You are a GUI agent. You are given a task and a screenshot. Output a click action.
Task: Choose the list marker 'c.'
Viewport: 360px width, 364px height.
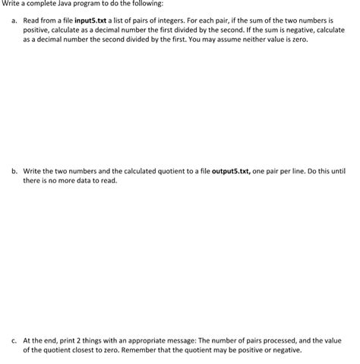pyautogui.click(x=13, y=342)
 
